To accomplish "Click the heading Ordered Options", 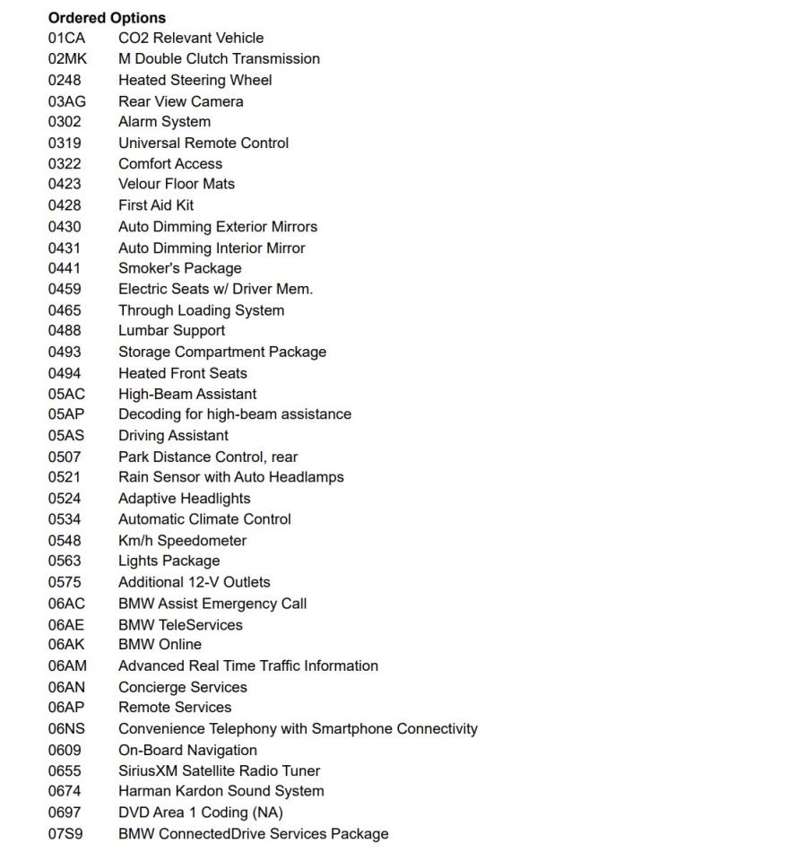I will tap(107, 17).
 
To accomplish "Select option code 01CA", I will tap(66, 38).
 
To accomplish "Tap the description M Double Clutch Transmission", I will tap(219, 58).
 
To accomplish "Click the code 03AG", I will tap(67, 101).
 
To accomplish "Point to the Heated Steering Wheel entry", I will tap(195, 80).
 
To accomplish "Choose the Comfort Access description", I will tap(170, 163).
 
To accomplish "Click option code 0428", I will tap(65, 204).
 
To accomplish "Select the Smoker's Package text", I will tap(179, 267).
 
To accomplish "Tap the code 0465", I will tap(65, 310).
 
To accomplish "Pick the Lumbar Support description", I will tap(171, 330).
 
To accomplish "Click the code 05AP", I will tap(66, 414).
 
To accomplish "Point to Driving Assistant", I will tap(173, 435).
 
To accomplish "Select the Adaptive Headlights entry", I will tap(184, 498).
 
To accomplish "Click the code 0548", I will tap(65, 540).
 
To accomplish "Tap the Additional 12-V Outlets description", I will tap(194, 582).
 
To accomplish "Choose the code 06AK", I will tap(66, 644).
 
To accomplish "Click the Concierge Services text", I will tap(182, 687).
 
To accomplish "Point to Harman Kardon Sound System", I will tap(221, 791).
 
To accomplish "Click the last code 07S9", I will tap(65, 833).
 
